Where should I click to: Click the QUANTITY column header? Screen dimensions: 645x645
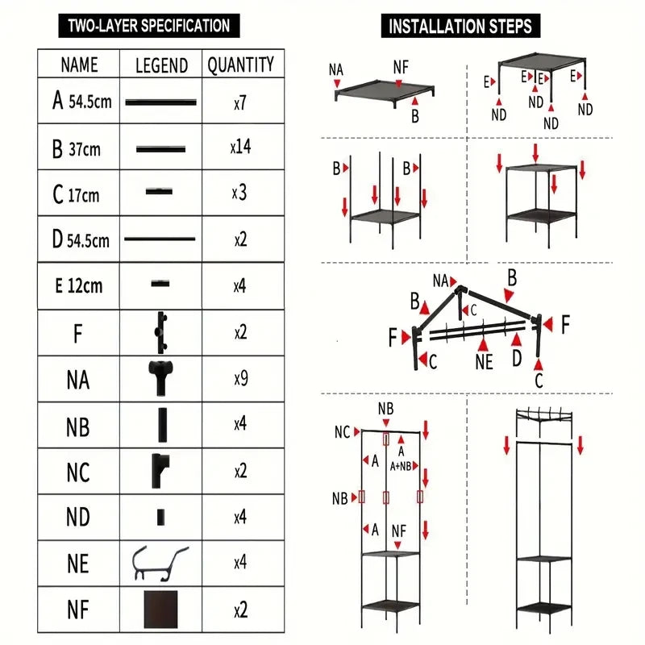240,64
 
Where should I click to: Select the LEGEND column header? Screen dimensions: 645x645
162,65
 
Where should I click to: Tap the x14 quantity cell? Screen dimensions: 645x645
240,147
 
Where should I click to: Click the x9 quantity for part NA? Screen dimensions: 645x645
241,378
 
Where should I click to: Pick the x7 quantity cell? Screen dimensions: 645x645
240,103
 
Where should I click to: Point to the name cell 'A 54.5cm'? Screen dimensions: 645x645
82,101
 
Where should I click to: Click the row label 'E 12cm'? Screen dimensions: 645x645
78,285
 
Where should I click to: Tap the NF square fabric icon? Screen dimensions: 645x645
160,610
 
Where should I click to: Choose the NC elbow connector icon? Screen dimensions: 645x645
160,471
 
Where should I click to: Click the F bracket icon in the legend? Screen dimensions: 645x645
160,332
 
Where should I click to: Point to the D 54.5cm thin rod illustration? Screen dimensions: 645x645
160,239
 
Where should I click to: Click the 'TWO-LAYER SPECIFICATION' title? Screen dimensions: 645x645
149,26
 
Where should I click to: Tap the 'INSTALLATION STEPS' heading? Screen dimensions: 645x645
460,26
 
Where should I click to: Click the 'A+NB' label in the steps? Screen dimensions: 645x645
401,466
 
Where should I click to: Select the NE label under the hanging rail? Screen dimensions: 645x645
485,362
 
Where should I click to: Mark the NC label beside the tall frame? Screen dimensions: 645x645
342,432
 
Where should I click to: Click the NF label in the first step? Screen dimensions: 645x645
401,67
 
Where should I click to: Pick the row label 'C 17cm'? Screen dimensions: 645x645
76,194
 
